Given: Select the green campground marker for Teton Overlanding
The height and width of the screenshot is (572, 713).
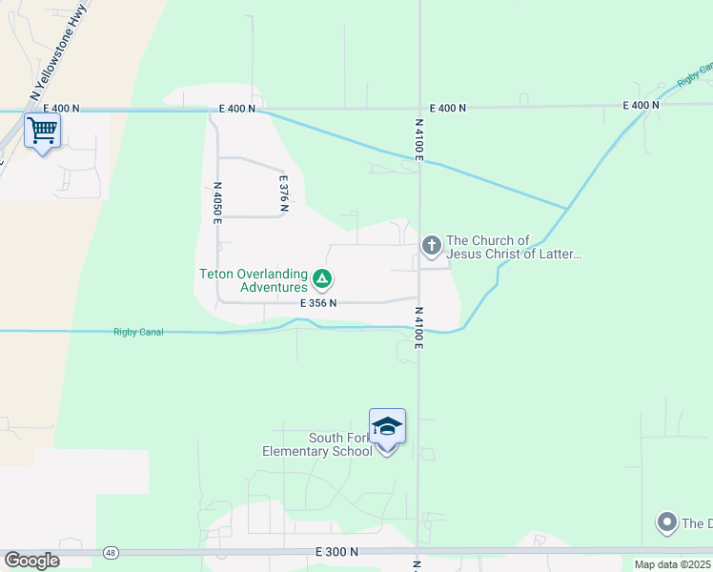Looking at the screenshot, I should (x=322, y=279).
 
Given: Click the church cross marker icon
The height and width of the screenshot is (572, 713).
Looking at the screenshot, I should (x=432, y=246).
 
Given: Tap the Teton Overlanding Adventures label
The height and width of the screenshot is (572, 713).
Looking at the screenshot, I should (x=254, y=279).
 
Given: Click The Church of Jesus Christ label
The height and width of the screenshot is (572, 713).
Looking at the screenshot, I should (x=513, y=247).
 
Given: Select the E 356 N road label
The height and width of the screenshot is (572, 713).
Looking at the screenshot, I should (x=318, y=303).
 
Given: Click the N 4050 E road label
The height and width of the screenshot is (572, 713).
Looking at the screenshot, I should (x=217, y=202).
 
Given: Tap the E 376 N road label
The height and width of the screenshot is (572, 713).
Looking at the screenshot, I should (x=283, y=193).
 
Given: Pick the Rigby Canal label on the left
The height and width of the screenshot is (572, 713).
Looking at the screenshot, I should (x=138, y=332).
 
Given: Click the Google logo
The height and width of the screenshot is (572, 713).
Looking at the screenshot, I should (x=31, y=561).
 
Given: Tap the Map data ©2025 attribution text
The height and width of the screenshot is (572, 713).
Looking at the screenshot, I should (x=672, y=564).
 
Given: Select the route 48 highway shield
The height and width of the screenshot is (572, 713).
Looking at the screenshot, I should (x=112, y=553).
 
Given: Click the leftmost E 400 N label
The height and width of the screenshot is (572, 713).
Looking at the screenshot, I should (x=236, y=109).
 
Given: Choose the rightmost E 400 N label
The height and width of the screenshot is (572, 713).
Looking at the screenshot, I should (x=642, y=105).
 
